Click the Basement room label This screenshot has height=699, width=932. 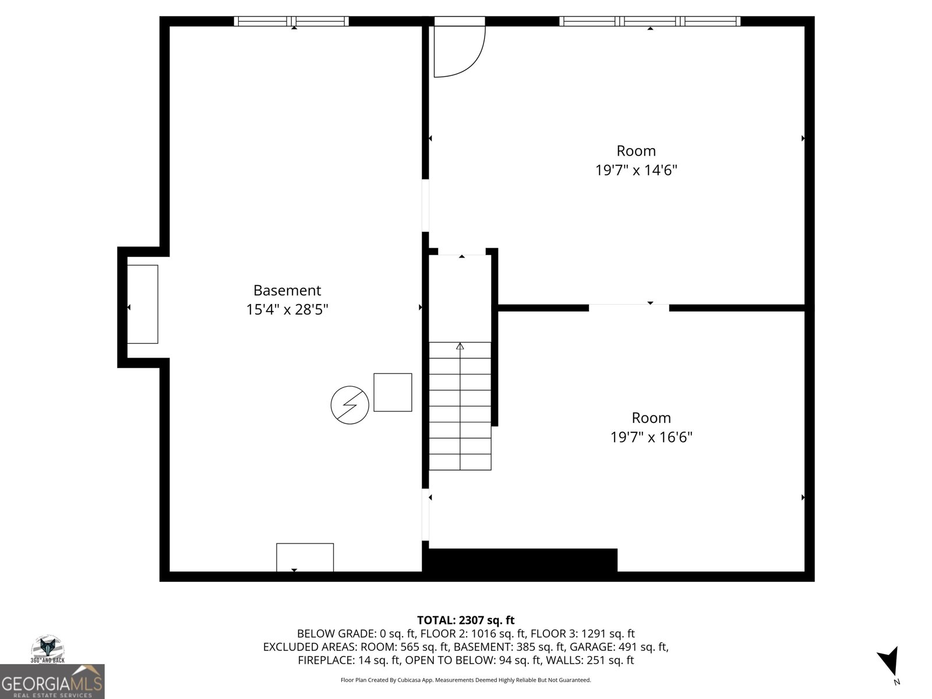[287, 290]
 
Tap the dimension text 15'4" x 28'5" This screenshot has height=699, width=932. [287, 309]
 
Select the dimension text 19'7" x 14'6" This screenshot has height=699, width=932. [636, 170]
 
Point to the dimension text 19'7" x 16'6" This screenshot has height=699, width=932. [651, 437]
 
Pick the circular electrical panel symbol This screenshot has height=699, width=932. [350, 405]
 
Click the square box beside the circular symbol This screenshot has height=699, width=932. [393, 392]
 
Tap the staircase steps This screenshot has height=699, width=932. [460, 406]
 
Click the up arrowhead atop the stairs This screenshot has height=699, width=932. [460, 346]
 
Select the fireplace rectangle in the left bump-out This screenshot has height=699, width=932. [143, 304]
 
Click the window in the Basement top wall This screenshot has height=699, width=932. [291, 21]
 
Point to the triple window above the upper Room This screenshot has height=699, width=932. [649, 21]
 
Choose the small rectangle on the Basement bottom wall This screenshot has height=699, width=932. [305, 557]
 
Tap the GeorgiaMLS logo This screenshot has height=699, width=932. [52, 682]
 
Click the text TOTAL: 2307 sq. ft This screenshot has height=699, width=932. [466, 620]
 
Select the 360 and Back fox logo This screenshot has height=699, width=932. [48, 649]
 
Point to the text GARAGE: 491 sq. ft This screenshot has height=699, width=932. [619, 647]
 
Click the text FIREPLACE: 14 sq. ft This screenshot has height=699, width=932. [349, 660]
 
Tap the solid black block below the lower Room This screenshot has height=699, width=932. [523, 560]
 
